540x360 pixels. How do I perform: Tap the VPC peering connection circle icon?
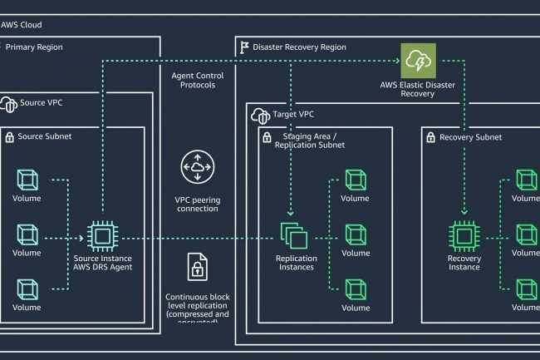(196, 170)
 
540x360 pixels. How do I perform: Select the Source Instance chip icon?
(102, 236)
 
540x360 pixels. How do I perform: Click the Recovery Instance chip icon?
(464, 236)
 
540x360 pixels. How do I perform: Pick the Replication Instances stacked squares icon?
(295, 236)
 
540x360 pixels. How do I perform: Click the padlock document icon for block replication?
(197, 268)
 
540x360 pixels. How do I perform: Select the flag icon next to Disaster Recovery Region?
(243, 47)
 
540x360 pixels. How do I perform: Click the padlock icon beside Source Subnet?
(10, 136)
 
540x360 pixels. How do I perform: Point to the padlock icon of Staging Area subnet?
(267, 136)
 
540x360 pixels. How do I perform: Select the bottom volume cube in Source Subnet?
(27, 288)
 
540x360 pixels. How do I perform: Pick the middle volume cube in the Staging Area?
(355, 234)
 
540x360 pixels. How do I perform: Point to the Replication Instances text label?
(296, 262)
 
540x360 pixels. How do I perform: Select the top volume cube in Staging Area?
(355, 180)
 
